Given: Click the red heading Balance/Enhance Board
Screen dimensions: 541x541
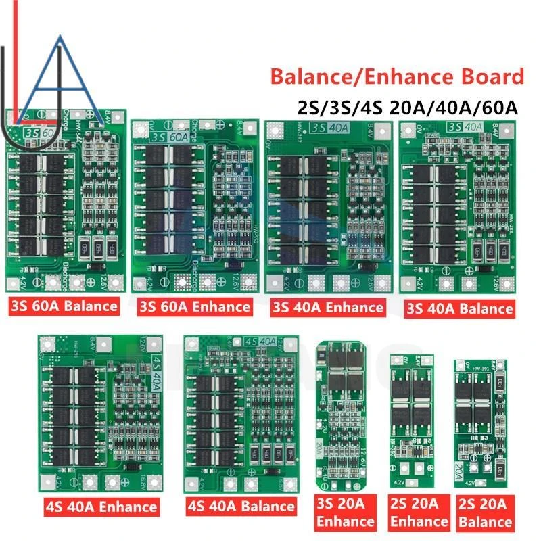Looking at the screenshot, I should point(397,76).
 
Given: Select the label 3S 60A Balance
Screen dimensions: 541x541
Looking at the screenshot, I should point(64,306).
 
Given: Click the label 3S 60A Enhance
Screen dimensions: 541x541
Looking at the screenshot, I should point(193,306).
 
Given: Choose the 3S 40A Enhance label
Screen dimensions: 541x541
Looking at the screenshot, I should point(327,308).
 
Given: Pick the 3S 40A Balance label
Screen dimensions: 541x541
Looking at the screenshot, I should point(459,308).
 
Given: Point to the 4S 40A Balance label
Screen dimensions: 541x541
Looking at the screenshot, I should point(240,505).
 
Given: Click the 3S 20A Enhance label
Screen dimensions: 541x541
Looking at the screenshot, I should point(344,513).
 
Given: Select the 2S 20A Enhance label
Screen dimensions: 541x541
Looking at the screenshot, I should point(419,513).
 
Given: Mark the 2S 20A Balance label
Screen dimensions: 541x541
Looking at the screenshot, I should point(484,513).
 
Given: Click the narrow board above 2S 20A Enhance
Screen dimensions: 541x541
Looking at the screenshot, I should point(409,423).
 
